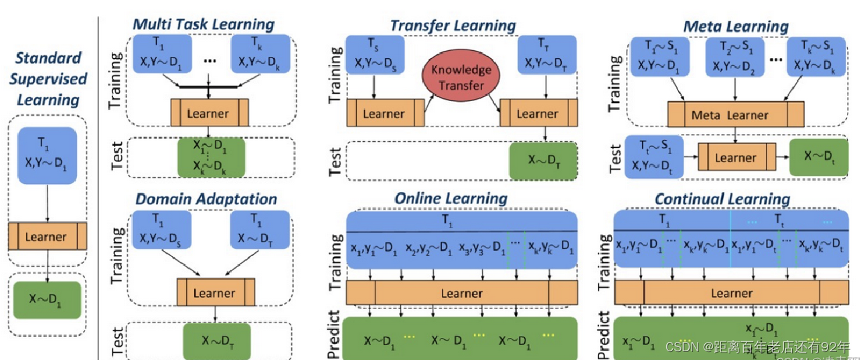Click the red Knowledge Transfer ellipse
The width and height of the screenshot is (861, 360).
click(x=461, y=77)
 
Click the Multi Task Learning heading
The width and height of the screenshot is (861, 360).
click(x=204, y=25)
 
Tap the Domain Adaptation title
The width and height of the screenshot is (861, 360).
click(x=206, y=199)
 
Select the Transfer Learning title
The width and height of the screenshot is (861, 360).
click(x=453, y=25)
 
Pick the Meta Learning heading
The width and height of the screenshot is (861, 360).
click(x=735, y=26)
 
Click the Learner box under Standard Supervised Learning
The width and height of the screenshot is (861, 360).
click(x=47, y=236)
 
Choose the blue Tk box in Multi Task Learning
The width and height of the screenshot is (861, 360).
click(x=260, y=54)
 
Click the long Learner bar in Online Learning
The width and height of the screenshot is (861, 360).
click(x=461, y=293)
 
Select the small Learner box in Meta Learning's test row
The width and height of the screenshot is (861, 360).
click(x=734, y=158)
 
